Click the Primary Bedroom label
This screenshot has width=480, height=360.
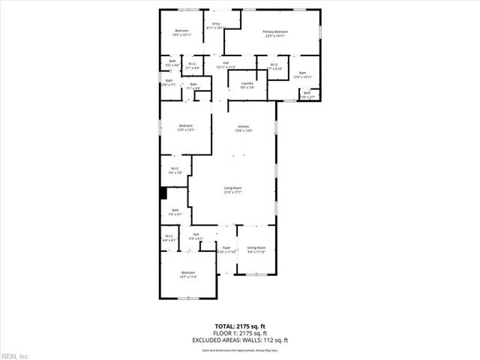click(274, 33)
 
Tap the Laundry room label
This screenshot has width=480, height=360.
click(247, 85)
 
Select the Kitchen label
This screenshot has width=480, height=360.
click(243, 127)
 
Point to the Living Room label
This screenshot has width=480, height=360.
click(232, 190)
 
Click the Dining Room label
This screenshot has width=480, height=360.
click(256, 249)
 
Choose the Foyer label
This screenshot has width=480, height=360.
click(226, 249)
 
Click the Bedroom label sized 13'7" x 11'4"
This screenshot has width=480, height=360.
click(187, 274)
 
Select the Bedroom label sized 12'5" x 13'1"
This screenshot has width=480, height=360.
click(185, 127)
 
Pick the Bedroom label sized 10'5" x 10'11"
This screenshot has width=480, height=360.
click(181, 32)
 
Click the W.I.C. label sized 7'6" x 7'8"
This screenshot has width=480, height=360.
click(174, 170)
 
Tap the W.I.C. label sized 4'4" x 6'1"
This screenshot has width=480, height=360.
click(169, 238)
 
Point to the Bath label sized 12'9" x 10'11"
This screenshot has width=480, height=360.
click(301, 74)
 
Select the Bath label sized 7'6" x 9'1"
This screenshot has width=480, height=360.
click(175, 212)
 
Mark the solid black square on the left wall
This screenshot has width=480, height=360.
click(163, 193)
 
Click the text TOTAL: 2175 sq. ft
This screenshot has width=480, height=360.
click(240, 326)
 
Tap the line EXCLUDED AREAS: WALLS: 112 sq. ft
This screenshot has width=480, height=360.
click(240, 340)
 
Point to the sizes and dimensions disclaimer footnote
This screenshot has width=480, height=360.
click(240, 349)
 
